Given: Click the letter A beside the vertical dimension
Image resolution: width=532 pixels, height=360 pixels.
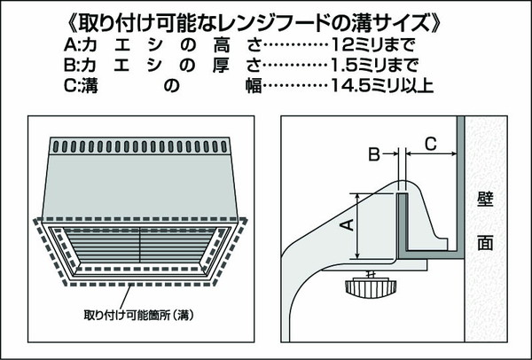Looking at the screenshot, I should click(x=348, y=226).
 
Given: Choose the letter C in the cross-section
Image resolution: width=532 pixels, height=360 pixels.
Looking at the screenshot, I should click(x=429, y=141).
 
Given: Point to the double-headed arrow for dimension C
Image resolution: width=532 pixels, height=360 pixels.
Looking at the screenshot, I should click(x=430, y=154).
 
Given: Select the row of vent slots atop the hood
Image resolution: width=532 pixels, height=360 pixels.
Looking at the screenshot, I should click(x=142, y=144).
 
